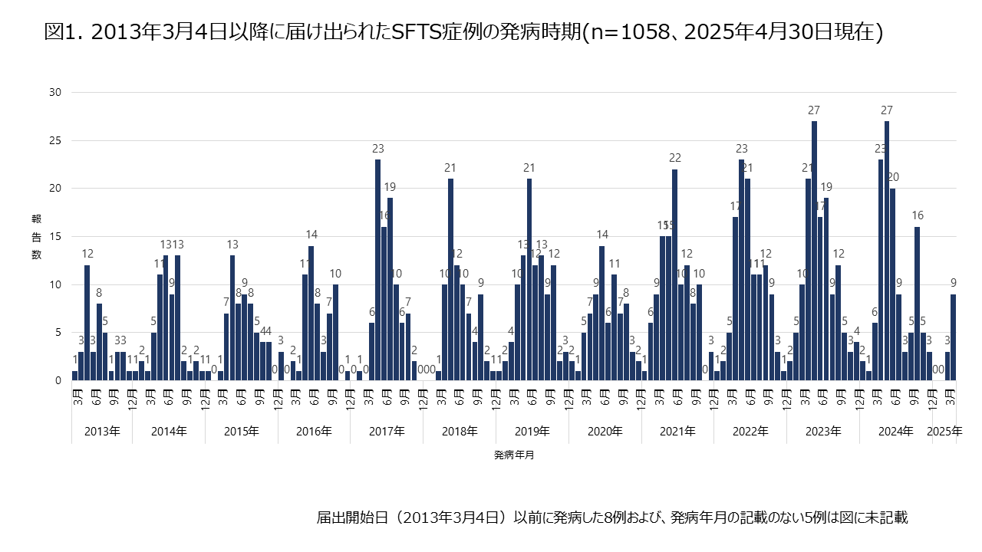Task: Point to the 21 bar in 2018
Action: click(x=450, y=280)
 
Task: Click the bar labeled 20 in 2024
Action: click(x=893, y=284)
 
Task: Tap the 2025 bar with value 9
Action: click(x=954, y=337)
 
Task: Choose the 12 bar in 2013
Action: click(x=87, y=323)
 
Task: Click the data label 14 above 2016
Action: click(x=311, y=235)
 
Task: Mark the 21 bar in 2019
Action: click(x=529, y=280)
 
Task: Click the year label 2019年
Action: click(x=532, y=432)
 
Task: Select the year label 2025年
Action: click(x=944, y=432)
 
